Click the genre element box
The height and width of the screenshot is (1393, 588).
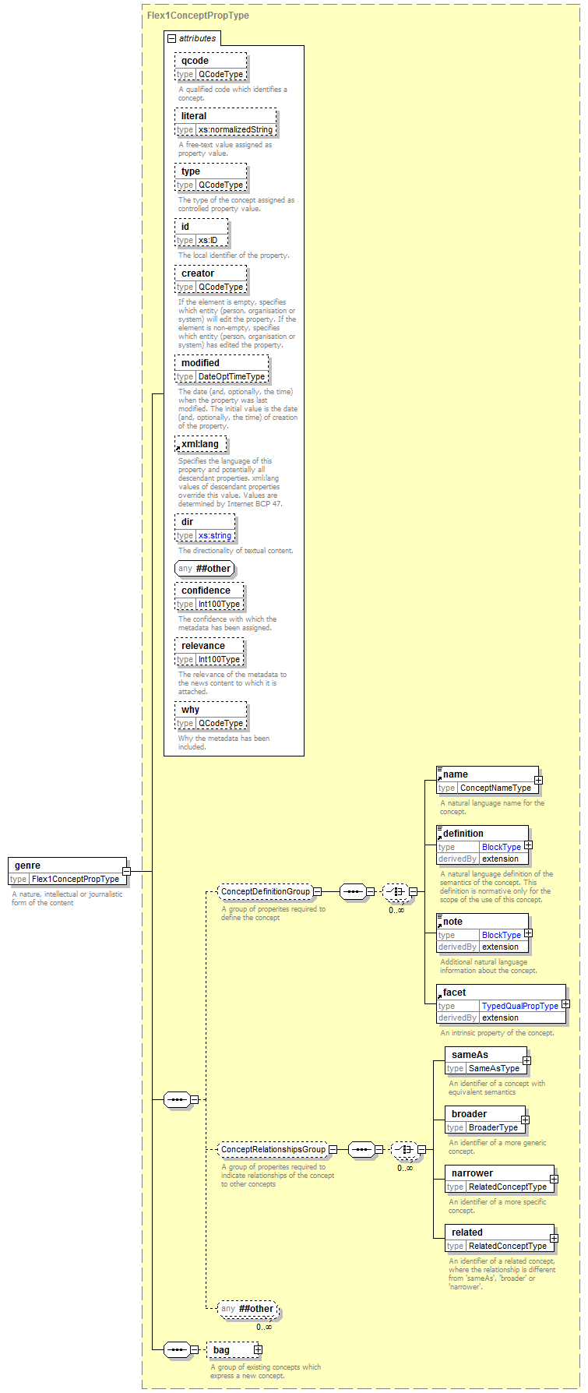(67, 872)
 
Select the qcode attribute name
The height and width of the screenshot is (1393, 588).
(195, 61)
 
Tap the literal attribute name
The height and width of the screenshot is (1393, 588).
(194, 116)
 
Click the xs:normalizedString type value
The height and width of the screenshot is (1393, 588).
(235, 129)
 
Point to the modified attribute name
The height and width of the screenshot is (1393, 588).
(200, 363)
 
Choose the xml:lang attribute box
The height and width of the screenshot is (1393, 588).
(202, 444)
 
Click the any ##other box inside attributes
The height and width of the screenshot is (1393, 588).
(205, 569)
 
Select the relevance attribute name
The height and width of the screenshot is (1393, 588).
(203, 646)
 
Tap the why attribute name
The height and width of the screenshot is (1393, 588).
(190, 710)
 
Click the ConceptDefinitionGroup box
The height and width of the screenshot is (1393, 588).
(266, 891)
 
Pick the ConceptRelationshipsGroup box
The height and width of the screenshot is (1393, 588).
(273, 1149)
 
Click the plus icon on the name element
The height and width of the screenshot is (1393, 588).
(538, 780)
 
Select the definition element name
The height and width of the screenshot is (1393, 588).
(463, 834)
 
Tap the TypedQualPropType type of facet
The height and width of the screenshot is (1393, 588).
(520, 1006)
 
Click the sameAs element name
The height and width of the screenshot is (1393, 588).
(470, 1055)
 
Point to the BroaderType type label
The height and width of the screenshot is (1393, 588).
(494, 1127)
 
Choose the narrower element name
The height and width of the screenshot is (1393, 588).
(472, 1173)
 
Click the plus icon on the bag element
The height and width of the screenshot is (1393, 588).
(258, 1349)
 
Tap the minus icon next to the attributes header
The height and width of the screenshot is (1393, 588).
(172, 38)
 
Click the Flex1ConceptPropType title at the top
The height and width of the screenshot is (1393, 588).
(198, 15)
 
